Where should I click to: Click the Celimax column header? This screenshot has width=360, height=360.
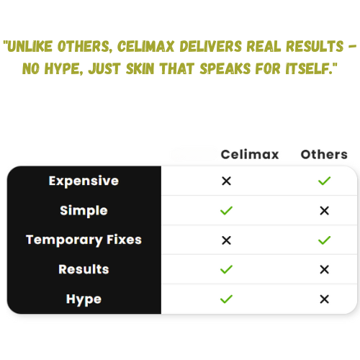point(250,154)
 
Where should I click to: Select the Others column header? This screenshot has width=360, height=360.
point(324,154)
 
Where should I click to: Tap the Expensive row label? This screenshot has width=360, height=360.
point(84,181)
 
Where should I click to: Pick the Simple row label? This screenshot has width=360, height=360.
point(84,210)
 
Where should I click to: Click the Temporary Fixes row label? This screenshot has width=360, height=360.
point(84,240)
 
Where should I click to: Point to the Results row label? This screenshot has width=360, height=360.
point(84,269)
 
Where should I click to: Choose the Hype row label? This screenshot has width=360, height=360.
point(84,300)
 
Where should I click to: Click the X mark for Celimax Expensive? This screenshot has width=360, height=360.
point(226,181)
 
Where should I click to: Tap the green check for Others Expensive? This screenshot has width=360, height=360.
point(324,181)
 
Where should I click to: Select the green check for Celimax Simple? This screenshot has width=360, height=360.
point(226,210)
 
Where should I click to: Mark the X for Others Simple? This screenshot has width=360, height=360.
point(325,211)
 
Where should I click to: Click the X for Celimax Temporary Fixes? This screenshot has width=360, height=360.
point(226,240)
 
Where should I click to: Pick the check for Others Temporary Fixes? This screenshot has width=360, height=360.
point(324,240)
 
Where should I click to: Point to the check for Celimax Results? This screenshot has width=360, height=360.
point(226,269)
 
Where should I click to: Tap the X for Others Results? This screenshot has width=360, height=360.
point(325,270)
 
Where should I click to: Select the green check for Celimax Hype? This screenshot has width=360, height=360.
point(226,299)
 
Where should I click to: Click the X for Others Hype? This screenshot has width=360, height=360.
point(325,300)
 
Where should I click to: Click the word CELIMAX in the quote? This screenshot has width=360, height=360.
point(145,46)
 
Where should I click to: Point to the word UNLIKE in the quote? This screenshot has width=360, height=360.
point(30,46)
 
